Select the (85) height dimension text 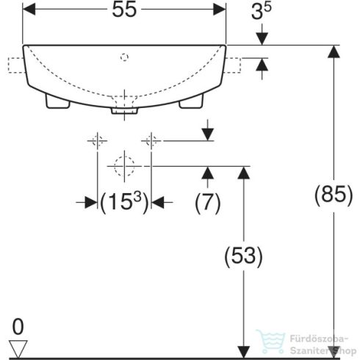tap(329, 196)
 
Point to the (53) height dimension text tap(242, 255)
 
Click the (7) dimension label tap(208, 203)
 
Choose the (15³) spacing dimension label tap(124, 203)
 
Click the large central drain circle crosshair tap(123, 166)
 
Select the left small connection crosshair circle tap(96, 140)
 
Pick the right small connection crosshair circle tap(151, 140)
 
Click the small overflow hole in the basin tap(124, 54)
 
